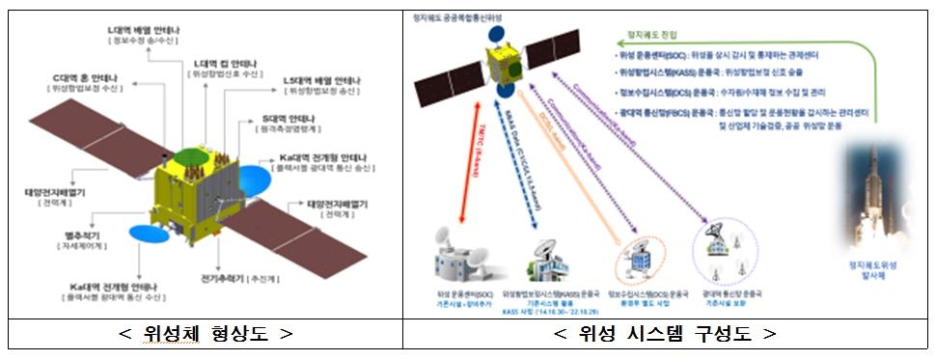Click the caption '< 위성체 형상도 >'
[205, 334]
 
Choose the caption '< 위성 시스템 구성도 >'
[665, 334]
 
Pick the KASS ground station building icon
[541, 257]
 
